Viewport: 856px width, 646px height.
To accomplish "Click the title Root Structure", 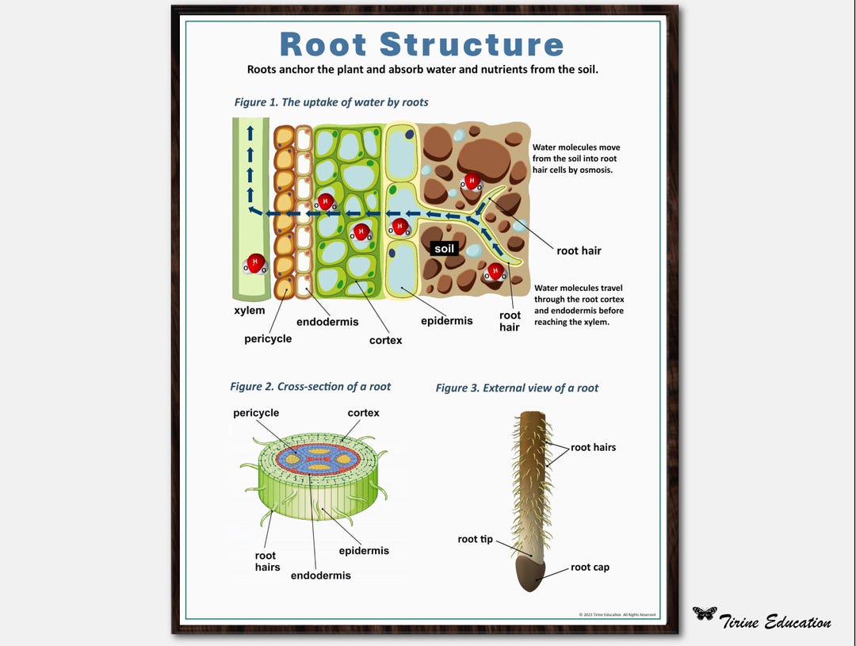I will (422, 44).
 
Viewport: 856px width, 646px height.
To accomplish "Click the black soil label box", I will (445, 249).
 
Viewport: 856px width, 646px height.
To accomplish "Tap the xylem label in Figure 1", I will (250, 311).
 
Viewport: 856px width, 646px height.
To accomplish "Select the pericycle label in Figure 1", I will (268, 338).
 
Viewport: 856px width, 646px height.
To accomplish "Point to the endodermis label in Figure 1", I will (327, 322).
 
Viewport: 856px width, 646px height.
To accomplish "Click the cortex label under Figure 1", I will (385, 340).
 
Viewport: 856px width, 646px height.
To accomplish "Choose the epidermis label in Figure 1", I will (446, 321).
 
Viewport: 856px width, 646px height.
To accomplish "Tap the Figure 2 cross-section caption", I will (310, 387).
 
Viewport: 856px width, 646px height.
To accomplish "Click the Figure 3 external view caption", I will (517, 388).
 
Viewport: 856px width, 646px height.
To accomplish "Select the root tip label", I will (475, 539).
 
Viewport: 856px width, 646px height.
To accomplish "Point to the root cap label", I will (590, 568).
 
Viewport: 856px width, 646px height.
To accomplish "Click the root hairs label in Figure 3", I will (593, 447).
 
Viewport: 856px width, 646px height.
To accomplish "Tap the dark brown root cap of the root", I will (529, 573).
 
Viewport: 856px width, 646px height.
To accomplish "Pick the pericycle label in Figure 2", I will (256, 413).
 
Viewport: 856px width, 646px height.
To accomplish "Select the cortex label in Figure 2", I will (363, 413).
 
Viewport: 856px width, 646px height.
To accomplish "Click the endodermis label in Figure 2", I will (320, 575).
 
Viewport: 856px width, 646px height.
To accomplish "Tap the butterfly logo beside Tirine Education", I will (704, 613).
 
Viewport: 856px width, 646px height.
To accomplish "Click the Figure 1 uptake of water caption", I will (331, 102).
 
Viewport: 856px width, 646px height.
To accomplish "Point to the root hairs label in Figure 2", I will (267, 561).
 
